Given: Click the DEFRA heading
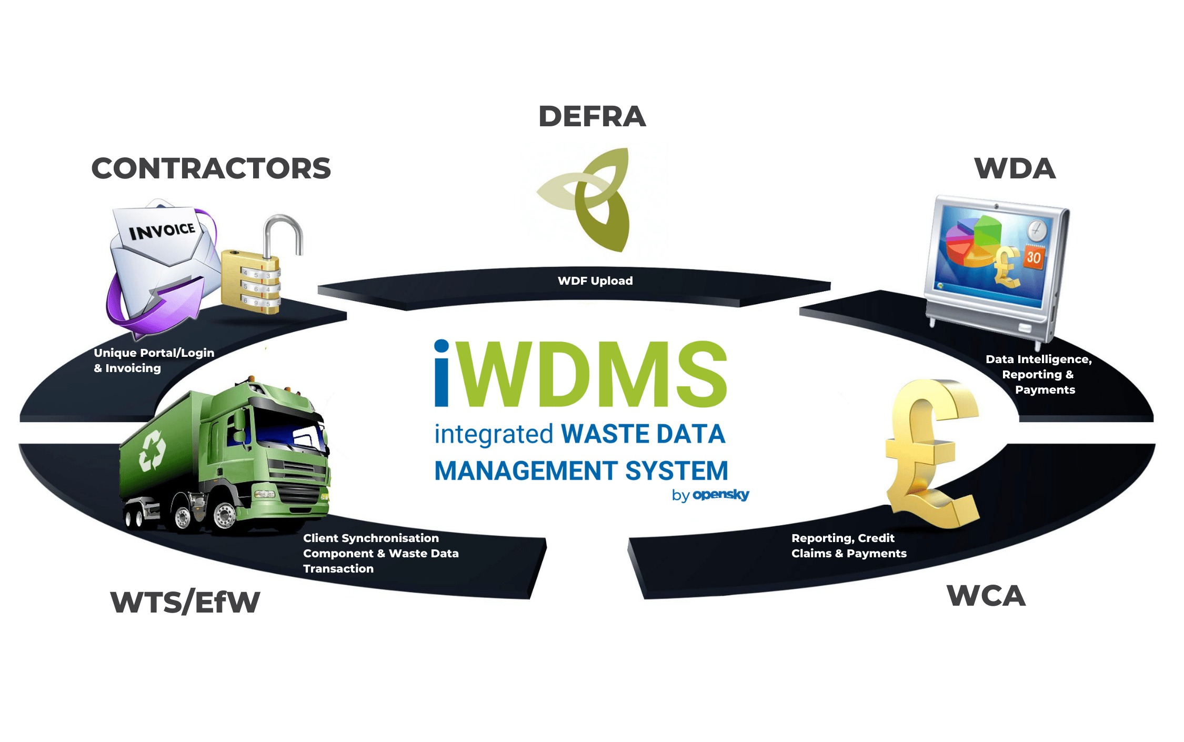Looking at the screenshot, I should (x=592, y=116).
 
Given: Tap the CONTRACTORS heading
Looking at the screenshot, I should (x=211, y=168).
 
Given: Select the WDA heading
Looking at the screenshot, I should (x=1015, y=168).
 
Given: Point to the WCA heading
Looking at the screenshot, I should (x=986, y=596).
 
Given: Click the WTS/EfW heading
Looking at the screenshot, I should (x=185, y=602).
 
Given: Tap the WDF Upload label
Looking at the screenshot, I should (x=595, y=281).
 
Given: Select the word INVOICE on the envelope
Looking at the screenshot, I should (x=162, y=230).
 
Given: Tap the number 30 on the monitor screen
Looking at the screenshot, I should (x=1034, y=257).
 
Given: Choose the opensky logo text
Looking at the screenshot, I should (x=720, y=495).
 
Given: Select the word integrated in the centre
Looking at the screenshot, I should (x=493, y=435).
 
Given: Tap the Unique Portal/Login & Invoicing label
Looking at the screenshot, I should (x=154, y=360).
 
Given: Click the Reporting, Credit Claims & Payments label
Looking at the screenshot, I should (x=848, y=546).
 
